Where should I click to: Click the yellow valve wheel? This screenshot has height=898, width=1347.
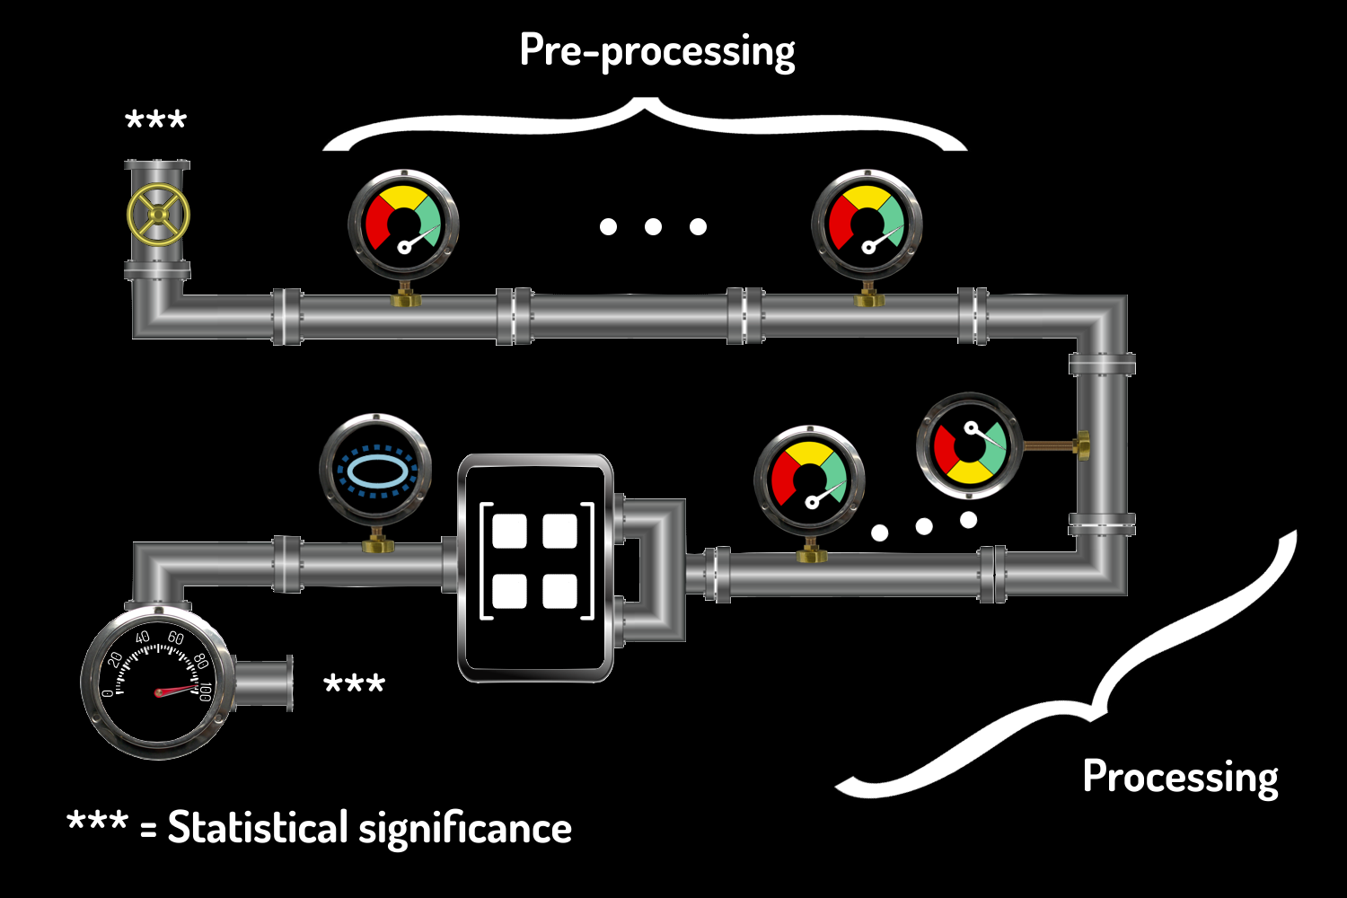click(x=158, y=216)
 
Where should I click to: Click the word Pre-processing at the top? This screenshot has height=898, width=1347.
click(x=656, y=50)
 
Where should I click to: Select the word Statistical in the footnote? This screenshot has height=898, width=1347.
click(x=257, y=827)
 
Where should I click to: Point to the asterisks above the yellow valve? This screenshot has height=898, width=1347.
click(x=155, y=120)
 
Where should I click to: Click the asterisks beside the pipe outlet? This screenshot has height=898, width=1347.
click(x=354, y=684)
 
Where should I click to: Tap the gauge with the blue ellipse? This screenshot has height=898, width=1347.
click(x=375, y=470)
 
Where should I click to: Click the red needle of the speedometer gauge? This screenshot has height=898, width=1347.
click(x=176, y=691)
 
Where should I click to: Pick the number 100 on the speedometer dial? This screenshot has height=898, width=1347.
click(x=206, y=691)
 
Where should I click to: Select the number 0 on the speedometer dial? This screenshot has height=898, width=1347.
click(x=108, y=692)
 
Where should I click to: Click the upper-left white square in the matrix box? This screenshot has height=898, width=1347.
click(x=509, y=532)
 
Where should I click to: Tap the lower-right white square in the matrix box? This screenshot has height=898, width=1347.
click(x=559, y=591)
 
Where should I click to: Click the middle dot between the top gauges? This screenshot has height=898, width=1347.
click(x=653, y=226)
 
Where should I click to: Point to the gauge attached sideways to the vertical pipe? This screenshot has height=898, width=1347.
click(x=969, y=446)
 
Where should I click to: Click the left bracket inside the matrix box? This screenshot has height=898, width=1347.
click(x=486, y=561)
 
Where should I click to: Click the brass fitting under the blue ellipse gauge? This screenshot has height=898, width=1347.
click(x=376, y=542)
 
